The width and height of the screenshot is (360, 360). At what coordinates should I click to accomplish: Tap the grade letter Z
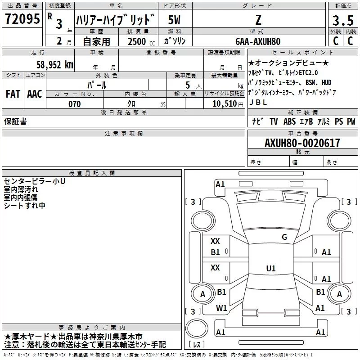click(258, 20)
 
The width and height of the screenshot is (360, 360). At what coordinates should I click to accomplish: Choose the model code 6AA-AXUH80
click(258, 41)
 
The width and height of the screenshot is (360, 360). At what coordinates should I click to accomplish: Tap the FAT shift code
click(13, 94)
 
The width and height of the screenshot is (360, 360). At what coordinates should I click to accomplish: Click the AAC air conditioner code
click(35, 94)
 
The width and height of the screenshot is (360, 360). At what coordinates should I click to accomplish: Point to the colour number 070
click(74, 104)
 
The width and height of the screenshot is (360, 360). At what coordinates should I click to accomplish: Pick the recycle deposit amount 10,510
click(223, 104)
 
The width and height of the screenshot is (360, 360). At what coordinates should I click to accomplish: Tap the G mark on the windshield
click(284, 237)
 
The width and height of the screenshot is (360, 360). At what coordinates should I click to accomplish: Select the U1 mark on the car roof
click(270, 269)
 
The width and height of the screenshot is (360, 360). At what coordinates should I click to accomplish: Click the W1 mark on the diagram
click(221, 308)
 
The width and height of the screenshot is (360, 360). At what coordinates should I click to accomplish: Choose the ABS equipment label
click(290, 121)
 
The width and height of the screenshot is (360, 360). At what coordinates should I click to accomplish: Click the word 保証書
click(15, 121)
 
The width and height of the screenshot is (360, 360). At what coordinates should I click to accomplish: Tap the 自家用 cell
click(96, 41)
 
